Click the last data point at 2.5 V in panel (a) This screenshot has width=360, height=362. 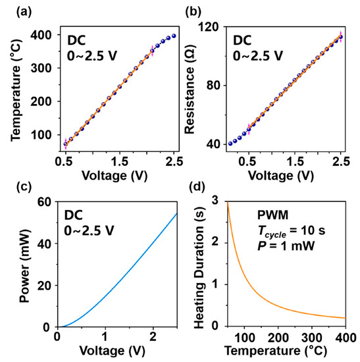173,36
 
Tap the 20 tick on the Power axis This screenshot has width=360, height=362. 45,285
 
